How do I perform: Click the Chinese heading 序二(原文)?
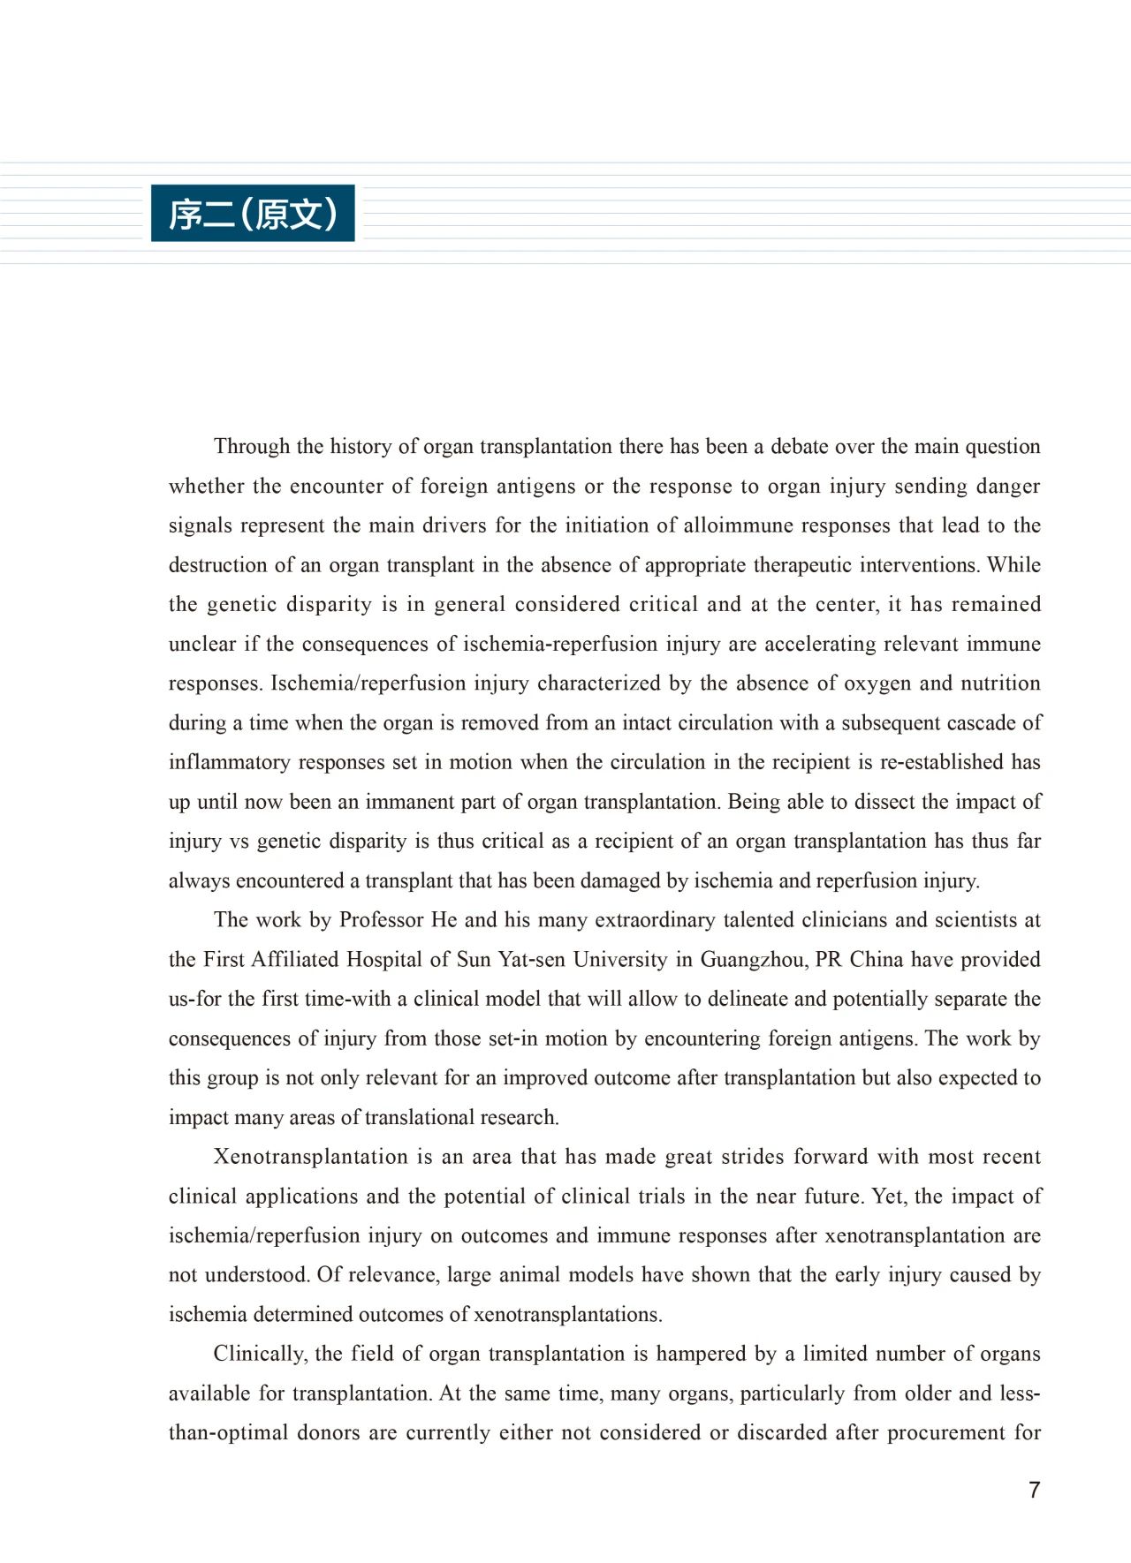253,214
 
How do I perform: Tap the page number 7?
1034,1491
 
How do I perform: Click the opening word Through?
251,447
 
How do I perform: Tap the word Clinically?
259,1355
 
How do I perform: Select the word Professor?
381,920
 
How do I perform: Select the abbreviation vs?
239,842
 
